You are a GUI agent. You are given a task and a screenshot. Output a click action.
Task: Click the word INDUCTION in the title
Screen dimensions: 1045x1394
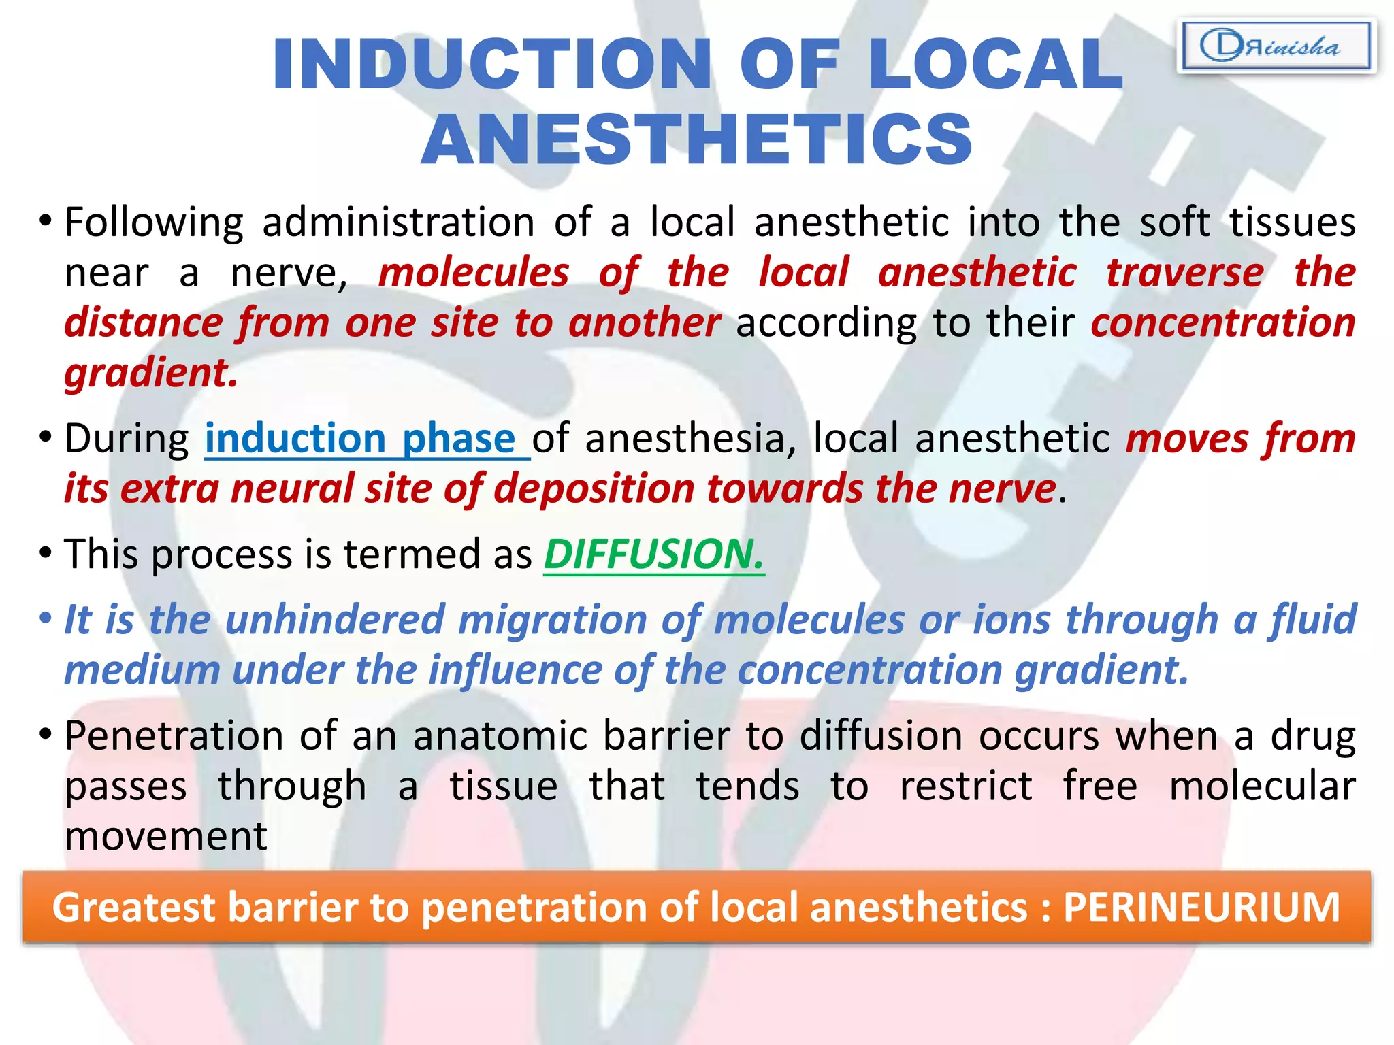pos(491,64)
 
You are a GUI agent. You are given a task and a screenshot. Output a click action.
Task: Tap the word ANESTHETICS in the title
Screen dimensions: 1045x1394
pos(697,139)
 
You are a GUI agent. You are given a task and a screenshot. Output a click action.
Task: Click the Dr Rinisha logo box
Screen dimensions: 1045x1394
pos(1276,46)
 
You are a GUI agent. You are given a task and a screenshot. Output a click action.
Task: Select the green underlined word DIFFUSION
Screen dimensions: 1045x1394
pos(653,554)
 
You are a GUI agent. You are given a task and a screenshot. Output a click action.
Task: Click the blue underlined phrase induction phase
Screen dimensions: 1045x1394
pos(361,438)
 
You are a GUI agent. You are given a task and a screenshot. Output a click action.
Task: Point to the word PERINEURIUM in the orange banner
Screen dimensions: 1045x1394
pos(1201,907)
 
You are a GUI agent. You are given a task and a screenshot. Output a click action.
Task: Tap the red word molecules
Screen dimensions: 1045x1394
pos(473,272)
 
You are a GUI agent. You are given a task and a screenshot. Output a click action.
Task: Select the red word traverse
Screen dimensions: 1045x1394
pos(1184,272)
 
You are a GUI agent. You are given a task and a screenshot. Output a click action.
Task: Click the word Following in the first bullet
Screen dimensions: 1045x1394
pos(154,222)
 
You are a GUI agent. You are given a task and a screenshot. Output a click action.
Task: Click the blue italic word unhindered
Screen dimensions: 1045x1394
pos(334,620)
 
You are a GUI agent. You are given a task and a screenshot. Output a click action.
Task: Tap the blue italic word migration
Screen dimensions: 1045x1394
pos(551,620)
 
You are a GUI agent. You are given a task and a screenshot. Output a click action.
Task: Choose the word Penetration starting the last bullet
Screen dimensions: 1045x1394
pos(173,735)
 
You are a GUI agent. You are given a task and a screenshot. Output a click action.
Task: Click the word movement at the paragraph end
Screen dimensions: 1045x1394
pos(165,835)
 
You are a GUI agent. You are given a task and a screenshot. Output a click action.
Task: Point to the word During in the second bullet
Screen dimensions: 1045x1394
pos(127,438)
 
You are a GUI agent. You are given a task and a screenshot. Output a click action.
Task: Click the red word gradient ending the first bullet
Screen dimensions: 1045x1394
pos(150,373)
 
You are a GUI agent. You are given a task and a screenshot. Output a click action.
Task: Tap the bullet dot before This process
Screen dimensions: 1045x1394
pos(45,553)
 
